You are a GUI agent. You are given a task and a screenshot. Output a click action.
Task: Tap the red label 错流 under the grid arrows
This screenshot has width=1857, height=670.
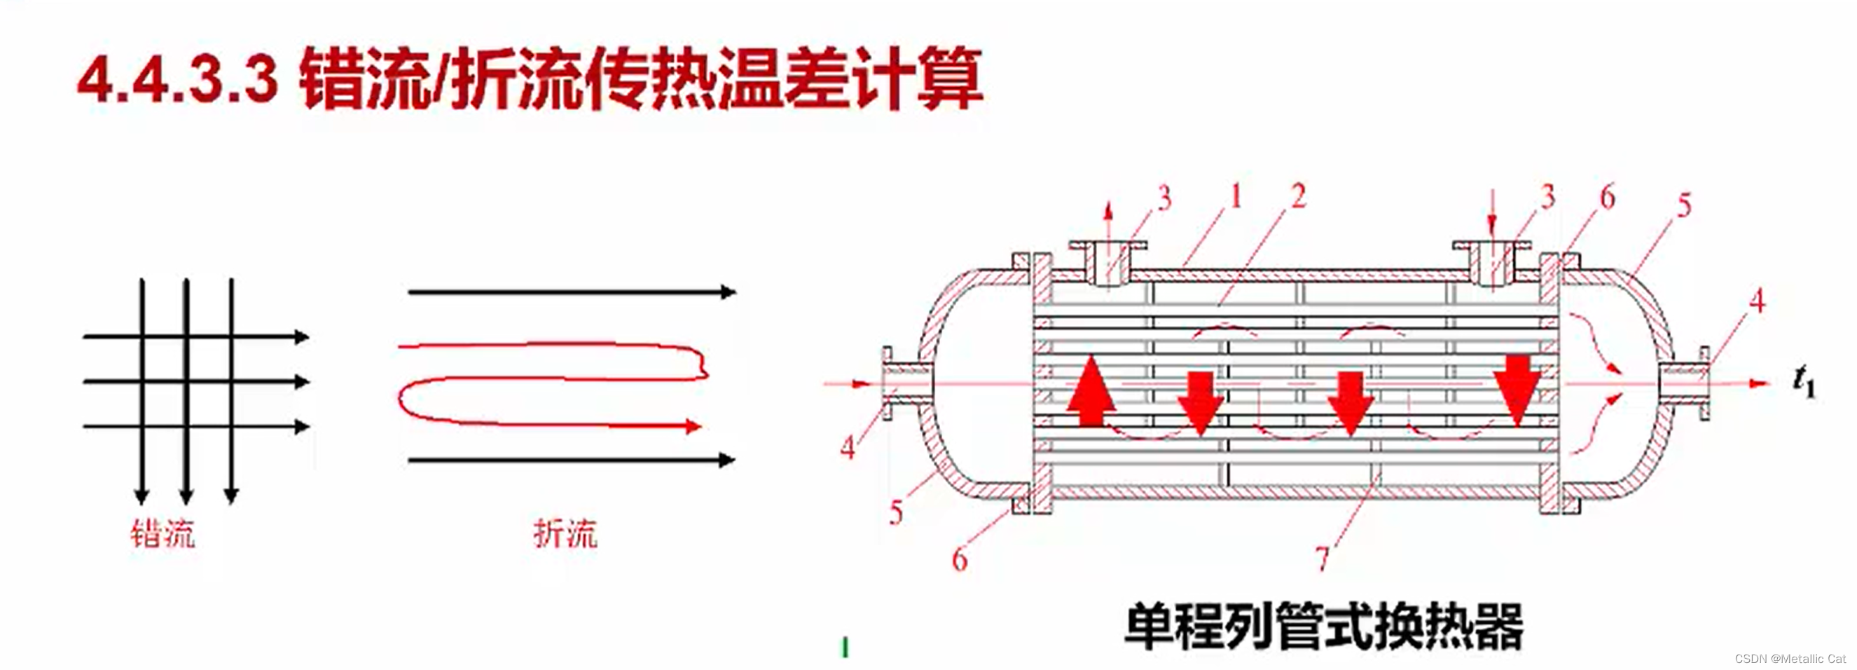point(163,535)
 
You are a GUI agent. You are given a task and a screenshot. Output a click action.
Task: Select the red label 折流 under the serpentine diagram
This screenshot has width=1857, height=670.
point(565,535)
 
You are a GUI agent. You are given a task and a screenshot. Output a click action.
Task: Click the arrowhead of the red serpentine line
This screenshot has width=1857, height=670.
point(693,426)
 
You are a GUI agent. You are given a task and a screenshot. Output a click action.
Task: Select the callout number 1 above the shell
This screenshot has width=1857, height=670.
point(1236,196)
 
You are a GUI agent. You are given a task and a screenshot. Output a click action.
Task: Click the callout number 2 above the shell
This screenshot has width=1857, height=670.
point(1298,196)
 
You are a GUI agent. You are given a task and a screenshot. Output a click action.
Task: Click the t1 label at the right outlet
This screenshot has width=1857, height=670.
point(1804,381)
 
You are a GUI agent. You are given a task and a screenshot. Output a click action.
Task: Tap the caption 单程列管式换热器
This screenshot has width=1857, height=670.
point(1323,626)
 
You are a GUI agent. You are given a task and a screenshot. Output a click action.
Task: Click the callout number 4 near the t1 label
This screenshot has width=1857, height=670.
point(1758,301)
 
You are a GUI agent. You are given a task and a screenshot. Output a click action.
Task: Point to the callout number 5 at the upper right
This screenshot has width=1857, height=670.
point(1684,205)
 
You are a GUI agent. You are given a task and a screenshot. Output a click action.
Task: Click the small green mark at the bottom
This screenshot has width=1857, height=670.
point(845,647)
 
